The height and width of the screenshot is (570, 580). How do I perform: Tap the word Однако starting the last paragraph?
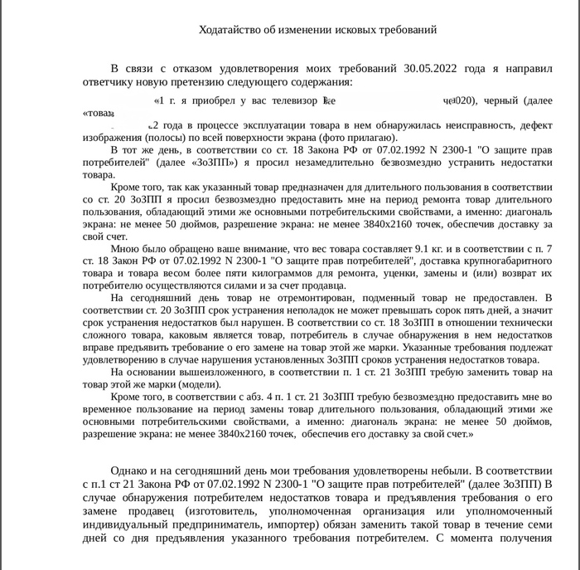(128, 468)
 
